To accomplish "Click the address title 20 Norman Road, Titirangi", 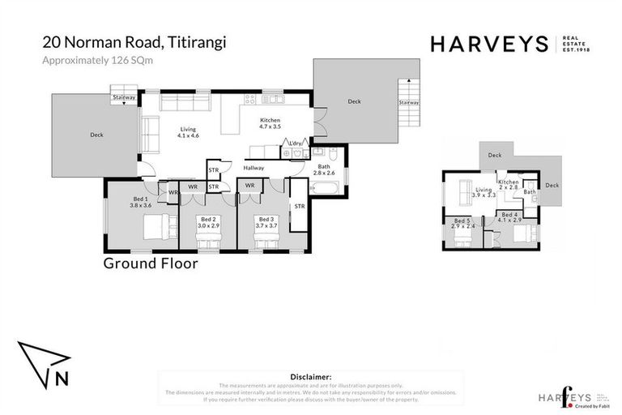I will tap(134, 43).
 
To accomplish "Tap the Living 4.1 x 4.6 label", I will tap(188, 132).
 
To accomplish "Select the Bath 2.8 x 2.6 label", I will tap(324, 169).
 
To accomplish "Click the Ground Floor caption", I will tap(151, 263).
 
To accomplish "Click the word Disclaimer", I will tap(311, 377).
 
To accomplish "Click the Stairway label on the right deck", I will tap(409, 103).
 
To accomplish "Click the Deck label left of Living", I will tap(96, 135).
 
